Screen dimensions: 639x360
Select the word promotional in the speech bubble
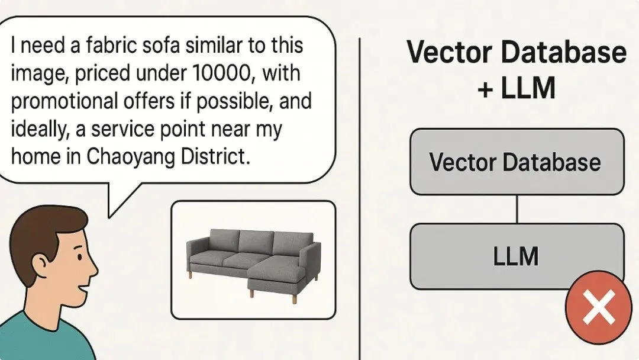coord(64,102)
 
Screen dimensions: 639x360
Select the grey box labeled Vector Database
coord(517,162)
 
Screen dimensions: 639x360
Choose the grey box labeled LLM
coord(517,256)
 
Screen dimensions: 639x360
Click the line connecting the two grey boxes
coord(517,209)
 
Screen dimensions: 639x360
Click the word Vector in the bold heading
coord(450,52)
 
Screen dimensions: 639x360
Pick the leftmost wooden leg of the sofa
coord(190,274)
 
